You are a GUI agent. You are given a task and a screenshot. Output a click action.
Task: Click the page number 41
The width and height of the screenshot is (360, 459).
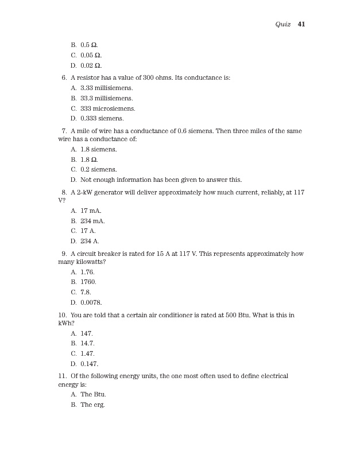tap(301, 25)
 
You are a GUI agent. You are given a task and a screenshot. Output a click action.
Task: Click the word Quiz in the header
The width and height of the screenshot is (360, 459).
tap(283, 25)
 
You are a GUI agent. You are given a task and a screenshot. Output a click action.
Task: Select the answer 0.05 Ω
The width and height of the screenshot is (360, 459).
tap(91, 55)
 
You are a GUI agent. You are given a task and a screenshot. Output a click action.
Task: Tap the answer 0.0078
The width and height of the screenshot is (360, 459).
tap(91, 302)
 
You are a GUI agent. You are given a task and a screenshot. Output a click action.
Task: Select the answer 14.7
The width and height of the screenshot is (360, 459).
tap(86, 343)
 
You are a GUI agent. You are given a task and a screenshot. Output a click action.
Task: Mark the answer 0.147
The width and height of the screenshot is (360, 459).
tap(89, 363)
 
